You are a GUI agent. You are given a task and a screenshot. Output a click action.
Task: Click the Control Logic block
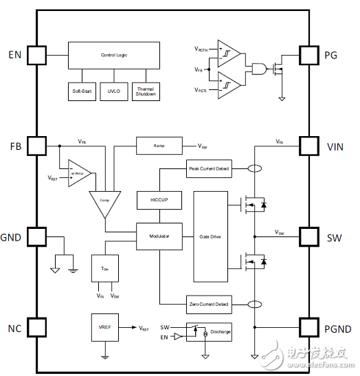tap(113, 55)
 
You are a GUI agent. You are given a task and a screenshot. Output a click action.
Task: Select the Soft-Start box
tap(82, 91)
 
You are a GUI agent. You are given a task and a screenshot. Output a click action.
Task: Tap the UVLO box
tap(113, 91)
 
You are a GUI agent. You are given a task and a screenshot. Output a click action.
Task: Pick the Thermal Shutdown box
tap(145, 91)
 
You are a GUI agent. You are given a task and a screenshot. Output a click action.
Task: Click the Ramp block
tap(159, 146)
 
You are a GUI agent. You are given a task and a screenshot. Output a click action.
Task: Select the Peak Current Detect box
tap(209, 168)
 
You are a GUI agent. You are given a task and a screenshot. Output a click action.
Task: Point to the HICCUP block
tap(159, 199)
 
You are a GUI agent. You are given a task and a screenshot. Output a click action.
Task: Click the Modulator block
tap(159, 236)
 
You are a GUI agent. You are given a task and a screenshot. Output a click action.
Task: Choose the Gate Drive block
tap(210, 236)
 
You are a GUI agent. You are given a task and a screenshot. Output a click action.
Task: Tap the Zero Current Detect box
tap(209, 303)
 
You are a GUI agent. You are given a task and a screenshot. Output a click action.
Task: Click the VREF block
tap(104, 329)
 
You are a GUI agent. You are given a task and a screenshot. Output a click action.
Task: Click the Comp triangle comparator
tap(104, 200)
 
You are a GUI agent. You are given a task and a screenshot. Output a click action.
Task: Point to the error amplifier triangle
tap(78, 173)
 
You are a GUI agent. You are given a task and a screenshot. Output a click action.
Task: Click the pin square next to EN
tap(36, 54)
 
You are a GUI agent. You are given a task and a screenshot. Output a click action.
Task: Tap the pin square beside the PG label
tap(311, 54)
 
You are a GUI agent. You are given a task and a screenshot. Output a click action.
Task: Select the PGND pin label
tap(339, 327)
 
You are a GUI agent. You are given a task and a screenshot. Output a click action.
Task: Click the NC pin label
tap(15, 327)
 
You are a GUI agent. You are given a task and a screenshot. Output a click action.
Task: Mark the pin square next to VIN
tap(311, 146)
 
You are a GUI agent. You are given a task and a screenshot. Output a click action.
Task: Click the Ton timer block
tap(104, 269)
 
